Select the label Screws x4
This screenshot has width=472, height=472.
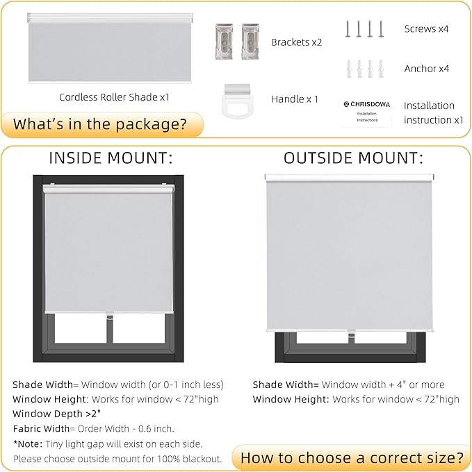pos(426,29)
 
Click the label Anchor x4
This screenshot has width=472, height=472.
pos(426,69)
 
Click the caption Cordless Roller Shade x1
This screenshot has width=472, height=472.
pos(114,97)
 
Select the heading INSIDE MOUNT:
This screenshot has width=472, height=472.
pos(111,158)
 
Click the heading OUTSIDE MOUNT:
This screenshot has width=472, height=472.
pos(353,158)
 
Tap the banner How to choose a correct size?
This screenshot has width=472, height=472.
pos(352,457)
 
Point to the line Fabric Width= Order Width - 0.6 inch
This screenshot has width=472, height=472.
pos(93,428)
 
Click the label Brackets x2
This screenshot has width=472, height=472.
pos(297,42)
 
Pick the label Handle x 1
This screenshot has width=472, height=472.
pos(295,99)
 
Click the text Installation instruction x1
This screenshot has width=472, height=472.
pos(433,112)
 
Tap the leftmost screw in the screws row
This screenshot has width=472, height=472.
pos(348,29)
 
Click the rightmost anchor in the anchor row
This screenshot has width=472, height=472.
pos(380,69)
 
